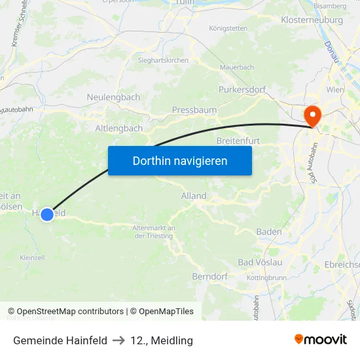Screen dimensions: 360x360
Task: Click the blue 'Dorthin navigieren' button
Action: coord(179,160)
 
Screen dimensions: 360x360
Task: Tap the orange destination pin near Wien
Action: coord(313,115)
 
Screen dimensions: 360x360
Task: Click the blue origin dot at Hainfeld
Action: coord(47,214)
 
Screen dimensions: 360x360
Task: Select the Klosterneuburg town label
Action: coord(311,20)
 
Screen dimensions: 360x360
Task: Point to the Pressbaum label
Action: coord(194,110)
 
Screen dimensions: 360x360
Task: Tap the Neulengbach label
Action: coord(113,98)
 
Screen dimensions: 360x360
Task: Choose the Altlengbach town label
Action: coord(118,128)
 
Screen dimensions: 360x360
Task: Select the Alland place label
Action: coord(194,196)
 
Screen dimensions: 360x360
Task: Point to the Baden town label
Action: coord(269,232)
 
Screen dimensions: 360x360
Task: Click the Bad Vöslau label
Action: coord(260,262)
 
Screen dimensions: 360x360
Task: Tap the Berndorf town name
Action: coord(209,277)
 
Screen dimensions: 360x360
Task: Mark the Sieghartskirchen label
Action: coord(163,60)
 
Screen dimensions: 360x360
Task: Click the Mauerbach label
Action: coord(236,67)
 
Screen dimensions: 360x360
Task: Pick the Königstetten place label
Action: coord(228,29)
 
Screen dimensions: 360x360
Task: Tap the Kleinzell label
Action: coord(32,257)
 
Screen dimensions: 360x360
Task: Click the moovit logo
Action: coord(320,340)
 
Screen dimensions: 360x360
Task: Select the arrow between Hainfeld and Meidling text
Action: coord(118,340)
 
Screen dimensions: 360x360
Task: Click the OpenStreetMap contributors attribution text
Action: coord(70,312)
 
